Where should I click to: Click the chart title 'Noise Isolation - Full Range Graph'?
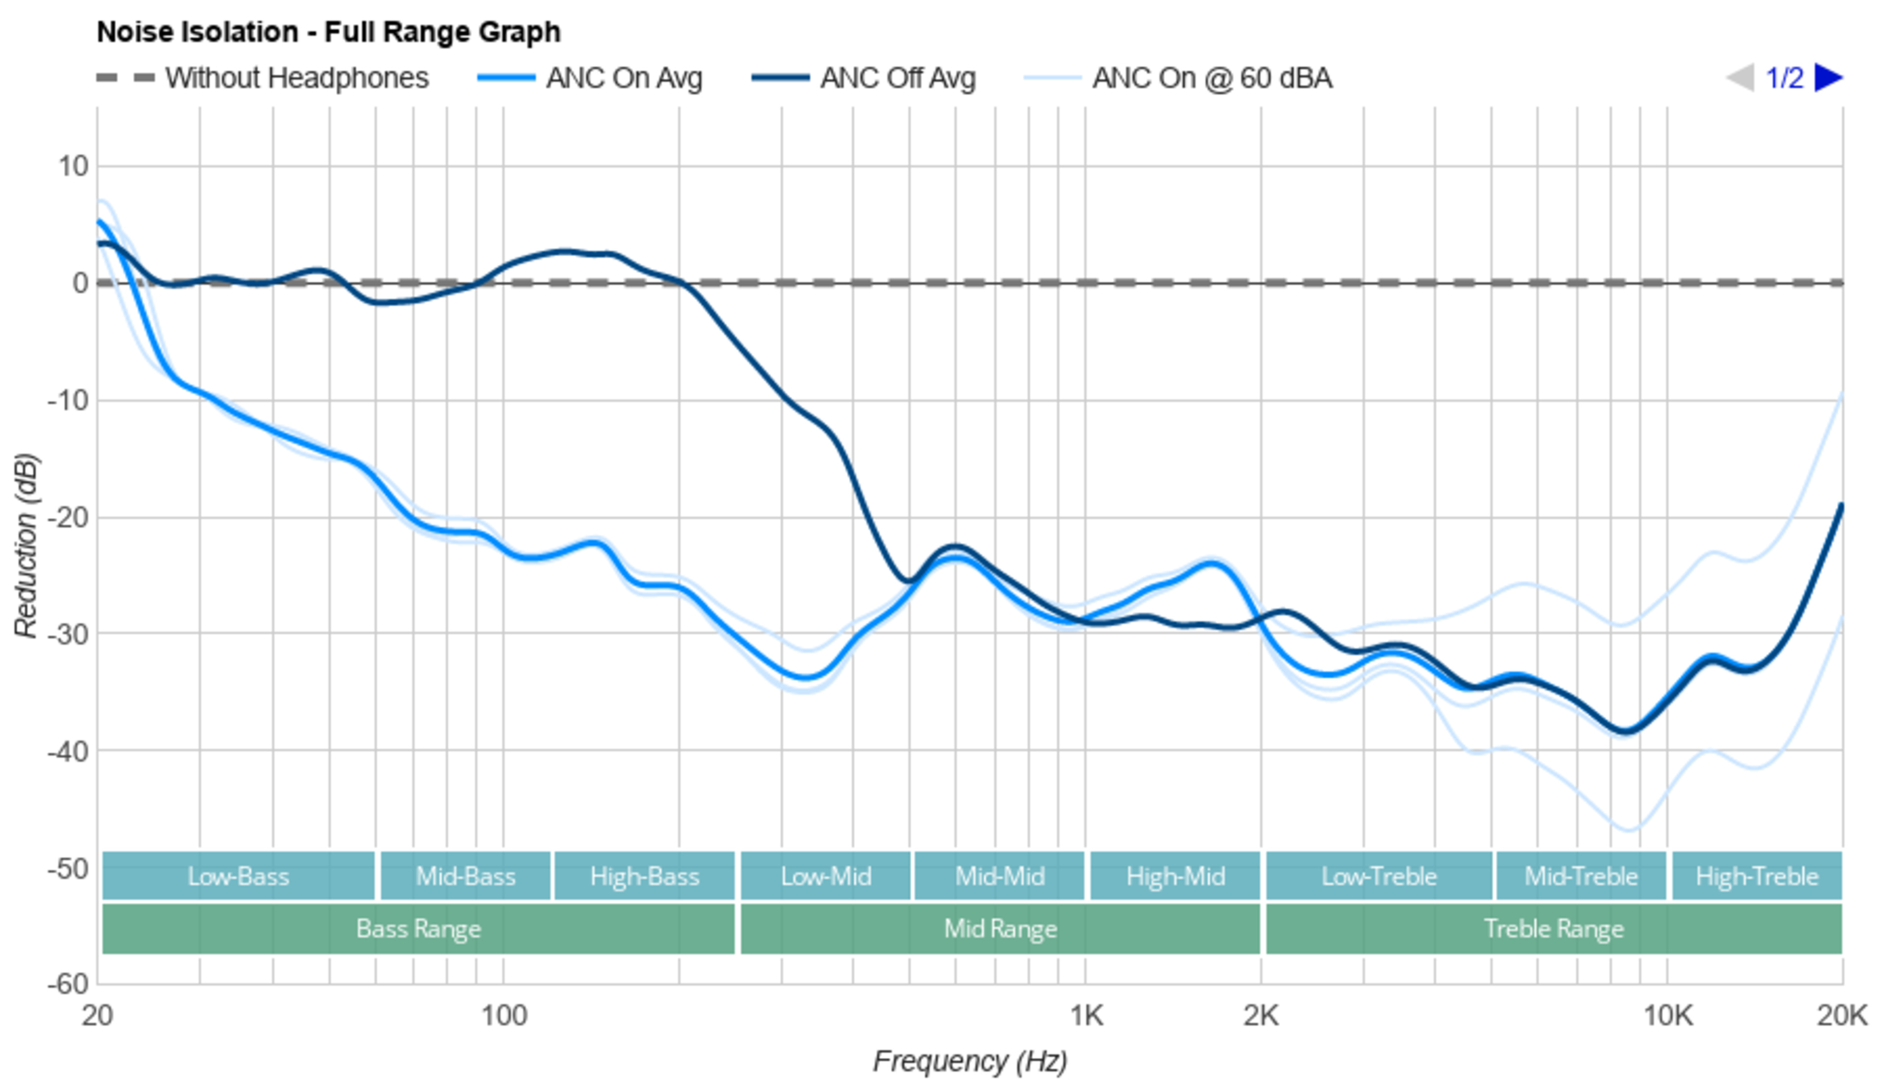328,32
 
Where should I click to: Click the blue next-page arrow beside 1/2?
1828,77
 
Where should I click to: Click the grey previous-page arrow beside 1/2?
1740,77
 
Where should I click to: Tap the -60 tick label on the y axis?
68,984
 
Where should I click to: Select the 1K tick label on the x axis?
1086,1015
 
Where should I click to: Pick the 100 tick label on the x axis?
503,1015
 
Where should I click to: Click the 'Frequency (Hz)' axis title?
969,1061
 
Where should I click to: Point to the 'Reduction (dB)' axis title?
26,546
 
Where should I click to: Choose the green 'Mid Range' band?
999,929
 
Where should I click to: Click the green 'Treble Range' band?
1553,929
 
